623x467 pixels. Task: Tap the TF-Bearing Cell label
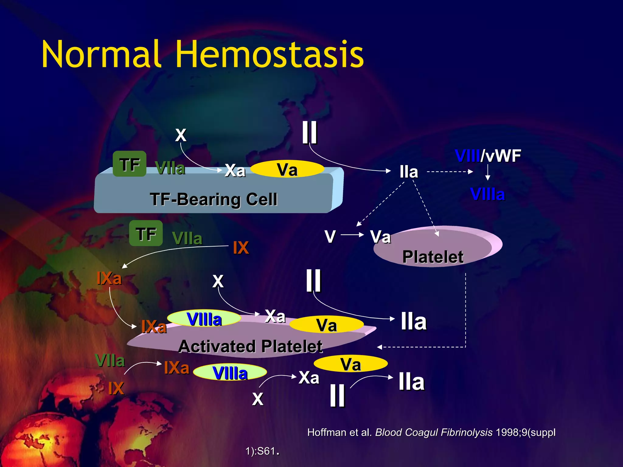point(214,199)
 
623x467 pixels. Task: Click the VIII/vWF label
point(488,156)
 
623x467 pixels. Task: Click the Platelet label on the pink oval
point(433,257)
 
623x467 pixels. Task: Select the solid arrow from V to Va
point(352,235)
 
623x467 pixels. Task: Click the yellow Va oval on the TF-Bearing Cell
point(287,169)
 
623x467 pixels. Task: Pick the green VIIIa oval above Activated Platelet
point(204,319)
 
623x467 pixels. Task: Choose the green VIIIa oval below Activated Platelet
point(230,372)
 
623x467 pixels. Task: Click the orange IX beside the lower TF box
point(241,247)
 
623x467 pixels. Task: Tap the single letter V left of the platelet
point(330,236)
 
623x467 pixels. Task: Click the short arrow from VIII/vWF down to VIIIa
point(488,172)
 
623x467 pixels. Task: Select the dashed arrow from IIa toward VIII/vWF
point(450,172)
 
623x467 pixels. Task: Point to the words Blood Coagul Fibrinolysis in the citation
point(433,432)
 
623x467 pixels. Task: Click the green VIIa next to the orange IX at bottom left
point(110,361)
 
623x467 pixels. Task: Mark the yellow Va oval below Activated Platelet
point(350,364)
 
